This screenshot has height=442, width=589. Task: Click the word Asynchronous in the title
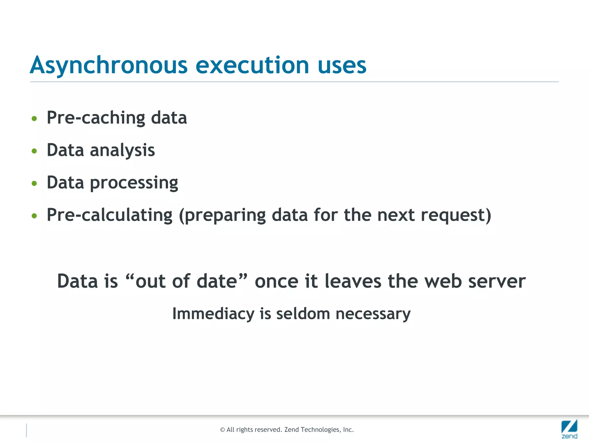[109, 66]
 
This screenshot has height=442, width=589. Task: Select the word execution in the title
[252, 66]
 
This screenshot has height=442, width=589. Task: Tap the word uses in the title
[342, 66]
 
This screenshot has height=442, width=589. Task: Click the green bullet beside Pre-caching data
[35, 119]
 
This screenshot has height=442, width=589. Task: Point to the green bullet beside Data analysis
[35, 151]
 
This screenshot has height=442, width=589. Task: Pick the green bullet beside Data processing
[35, 183]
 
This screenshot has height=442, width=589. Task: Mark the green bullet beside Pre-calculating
[35, 216]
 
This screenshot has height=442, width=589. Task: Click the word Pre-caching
[96, 118]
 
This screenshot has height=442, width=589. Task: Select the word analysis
[122, 150]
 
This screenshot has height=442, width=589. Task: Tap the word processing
[134, 183]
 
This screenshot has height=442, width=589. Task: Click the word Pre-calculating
[109, 215]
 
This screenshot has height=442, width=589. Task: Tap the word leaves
[353, 281]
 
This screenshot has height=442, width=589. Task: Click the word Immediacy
[213, 314]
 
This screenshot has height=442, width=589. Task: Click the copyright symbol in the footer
[222, 430]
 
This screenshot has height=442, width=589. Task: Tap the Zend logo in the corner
[569, 429]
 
